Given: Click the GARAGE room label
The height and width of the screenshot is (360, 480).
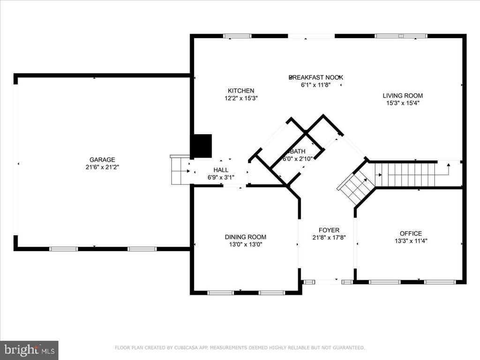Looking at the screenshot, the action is [102, 159].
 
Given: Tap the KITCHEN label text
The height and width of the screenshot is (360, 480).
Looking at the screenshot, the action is [241, 90].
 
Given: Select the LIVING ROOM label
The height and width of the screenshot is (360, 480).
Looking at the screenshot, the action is [403, 96].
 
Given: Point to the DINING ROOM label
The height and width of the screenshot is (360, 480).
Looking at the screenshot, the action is [246, 237].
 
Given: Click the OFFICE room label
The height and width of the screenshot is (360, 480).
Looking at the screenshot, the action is [411, 233].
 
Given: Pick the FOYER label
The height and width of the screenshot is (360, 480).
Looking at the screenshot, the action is [329, 230].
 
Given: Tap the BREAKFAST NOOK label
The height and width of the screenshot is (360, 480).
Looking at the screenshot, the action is [316, 77].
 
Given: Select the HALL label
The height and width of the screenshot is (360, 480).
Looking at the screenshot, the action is [221, 170].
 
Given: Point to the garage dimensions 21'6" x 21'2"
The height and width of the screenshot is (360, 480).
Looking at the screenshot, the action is [102, 167].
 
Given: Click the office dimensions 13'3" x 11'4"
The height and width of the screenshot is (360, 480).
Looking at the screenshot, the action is [411, 241].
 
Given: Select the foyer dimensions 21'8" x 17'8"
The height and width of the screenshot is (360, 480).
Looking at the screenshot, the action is [329, 238].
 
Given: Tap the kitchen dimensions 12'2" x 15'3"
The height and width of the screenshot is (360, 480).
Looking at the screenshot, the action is [241, 98].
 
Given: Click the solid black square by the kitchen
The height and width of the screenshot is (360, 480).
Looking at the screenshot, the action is [201, 146].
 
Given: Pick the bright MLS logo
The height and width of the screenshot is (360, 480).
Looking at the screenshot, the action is [30, 350].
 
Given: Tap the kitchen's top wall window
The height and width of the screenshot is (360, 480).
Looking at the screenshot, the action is [237, 36].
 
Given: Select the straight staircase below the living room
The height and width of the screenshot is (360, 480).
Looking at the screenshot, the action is [405, 174].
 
